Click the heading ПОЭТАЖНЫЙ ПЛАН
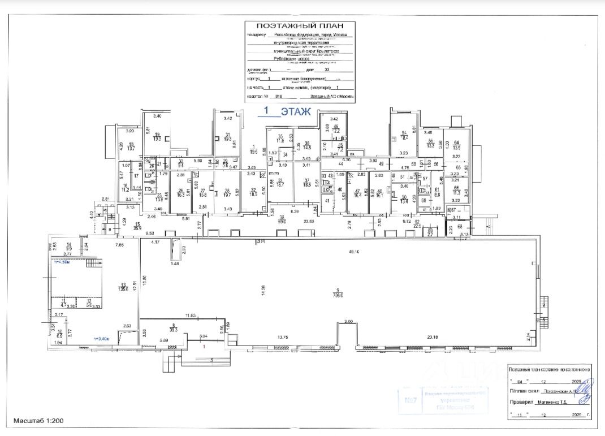point(300,26)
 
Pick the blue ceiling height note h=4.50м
point(60,263)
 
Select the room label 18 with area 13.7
point(131,146)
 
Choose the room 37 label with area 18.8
point(308,182)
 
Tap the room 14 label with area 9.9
point(69,247)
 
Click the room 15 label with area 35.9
point(137,226)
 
